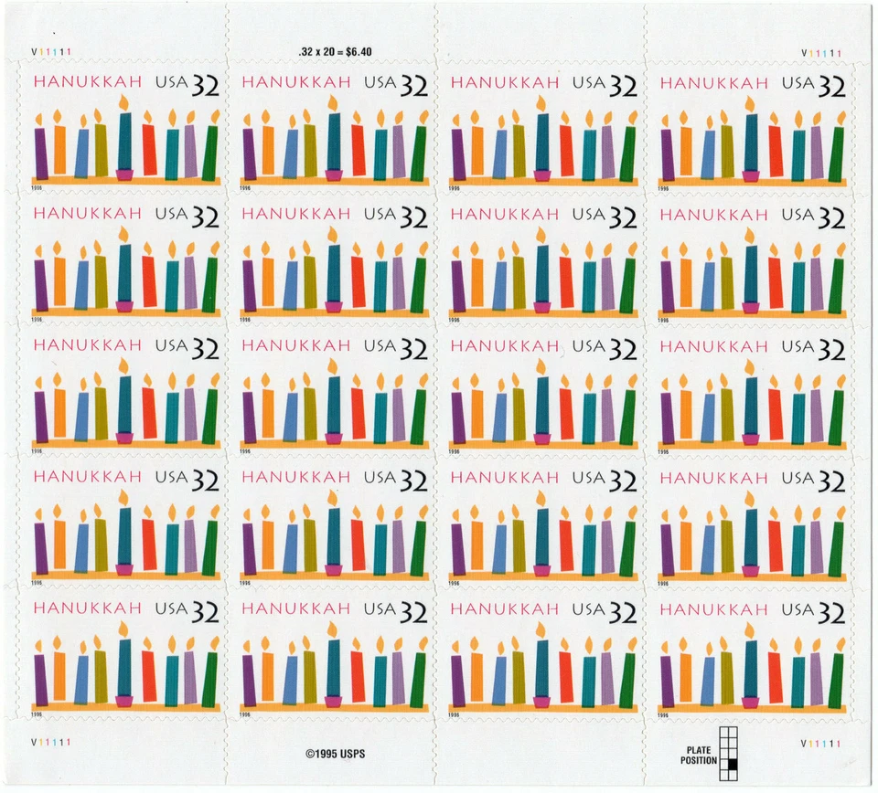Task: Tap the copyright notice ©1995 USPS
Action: tap(335, 755)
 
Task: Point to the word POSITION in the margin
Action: tap(699, 760)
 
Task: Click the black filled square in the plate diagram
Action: tap(732, 761)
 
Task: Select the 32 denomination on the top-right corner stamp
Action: tap(831, 86)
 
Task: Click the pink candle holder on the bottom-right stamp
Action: tap(751, 702)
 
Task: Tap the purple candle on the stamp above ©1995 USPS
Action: tap(250, 681)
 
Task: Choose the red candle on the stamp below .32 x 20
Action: tap(359, 150)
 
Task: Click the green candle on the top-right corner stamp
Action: tap(836, 153)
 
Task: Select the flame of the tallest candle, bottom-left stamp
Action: tap(123, 629)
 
